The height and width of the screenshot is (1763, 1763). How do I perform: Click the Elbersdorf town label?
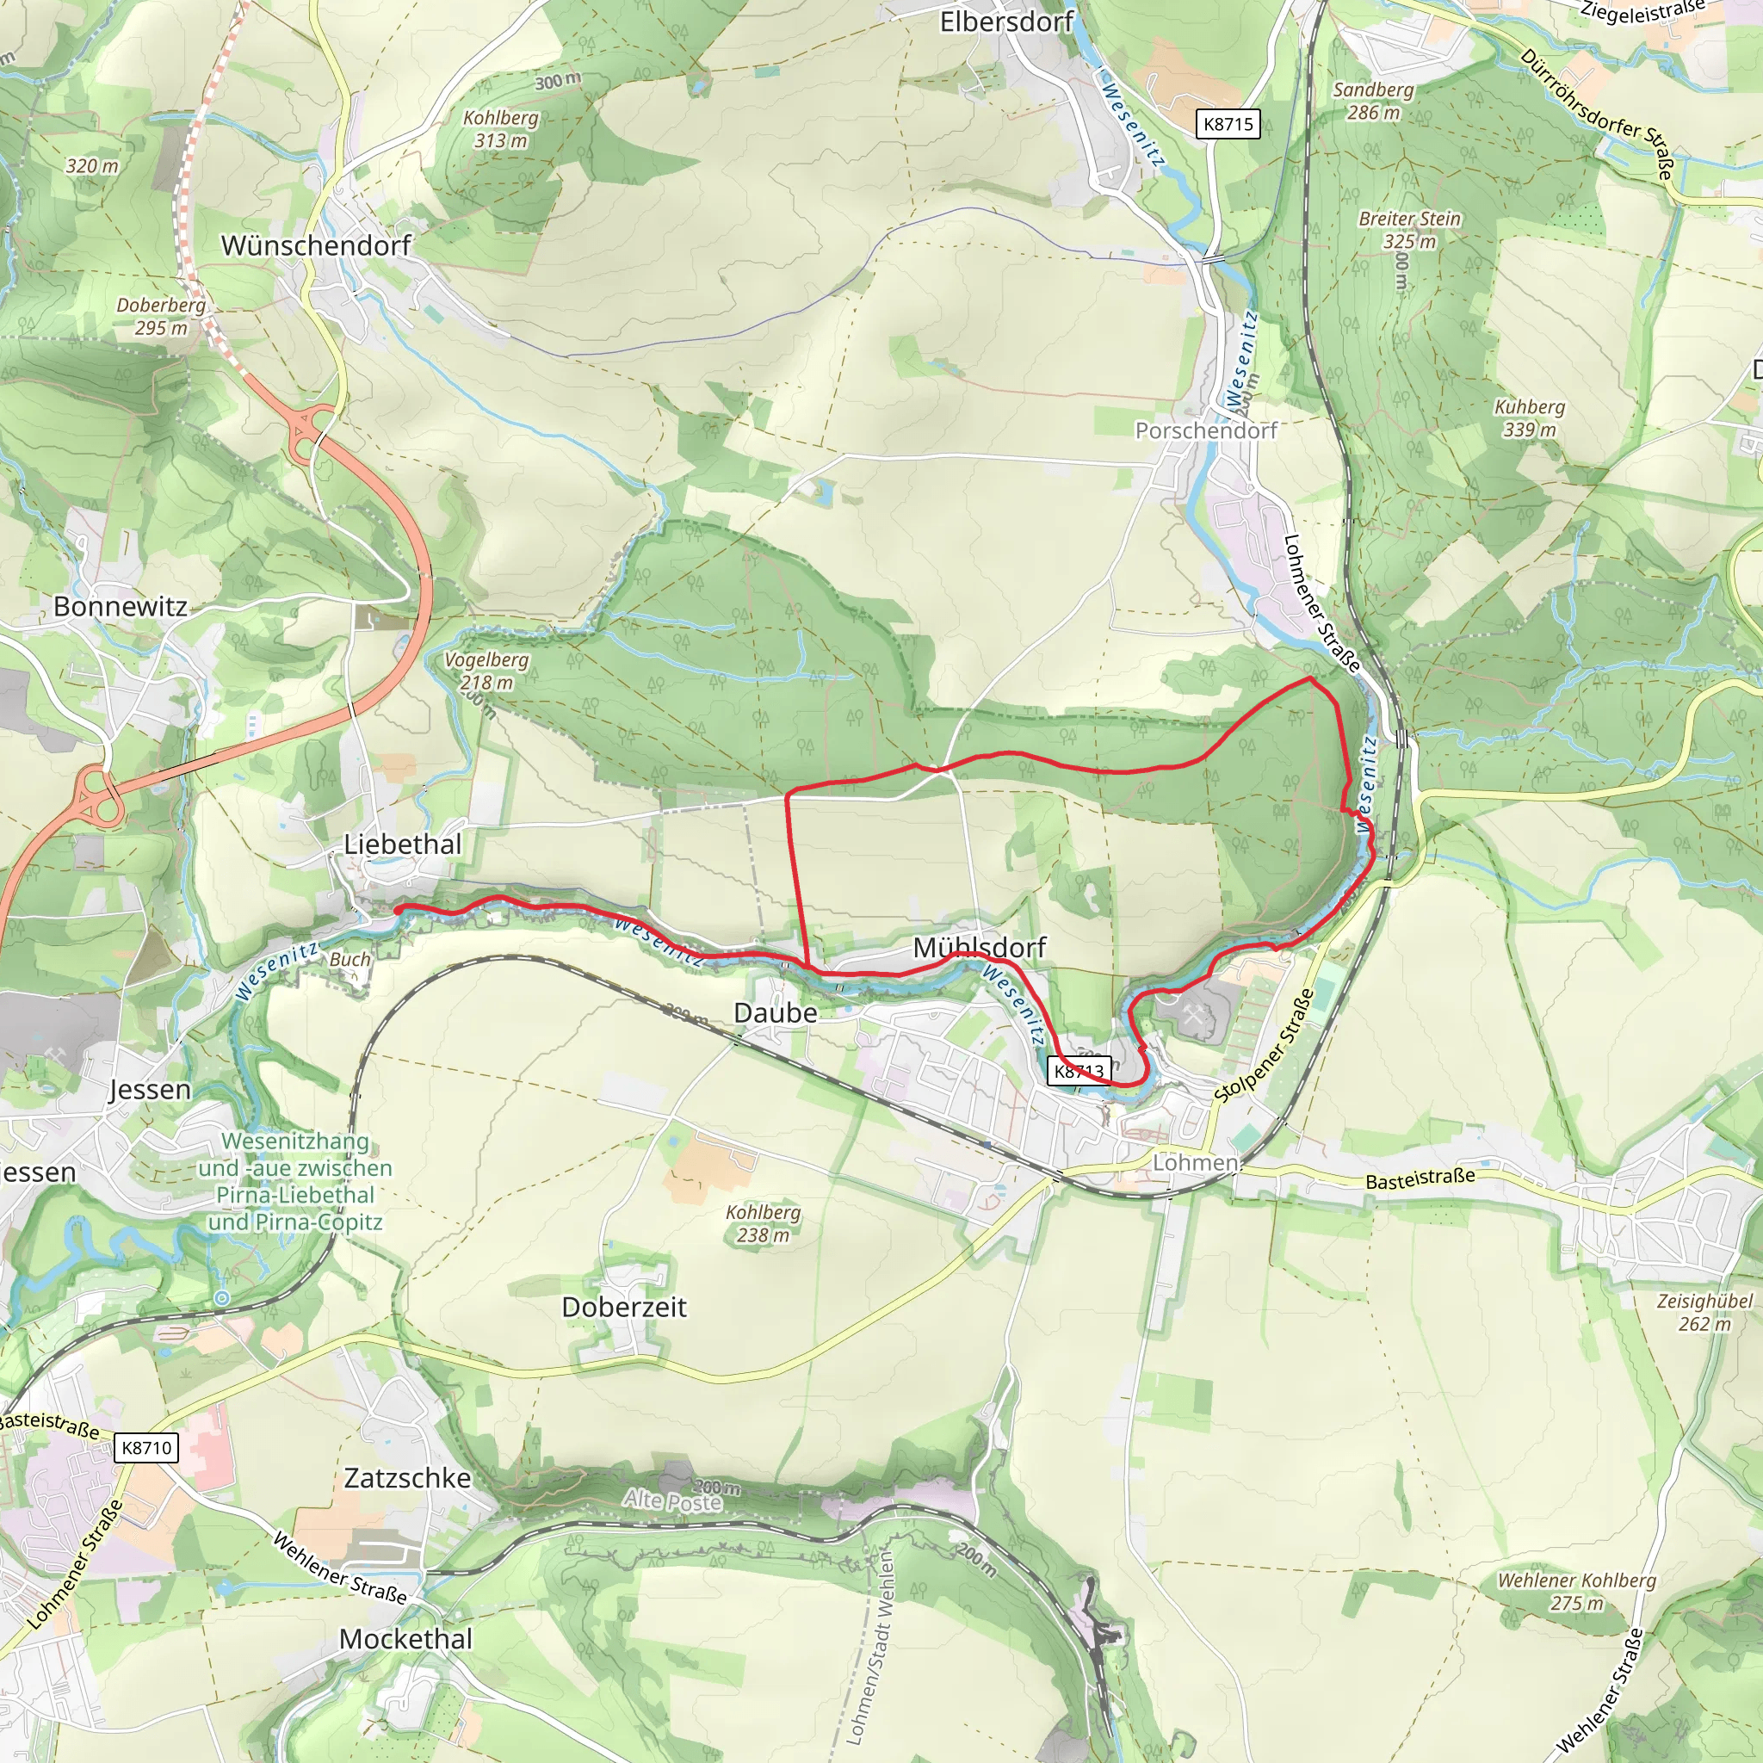[x=1005, y=22]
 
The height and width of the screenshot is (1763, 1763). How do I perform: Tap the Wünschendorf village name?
[x=316, y=244]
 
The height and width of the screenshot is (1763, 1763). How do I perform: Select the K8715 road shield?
[x=1228, y=124]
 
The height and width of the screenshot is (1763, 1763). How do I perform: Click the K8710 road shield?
[x=146, y=1447]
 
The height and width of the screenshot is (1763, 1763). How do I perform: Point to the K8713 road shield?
[x=1079, y=1070]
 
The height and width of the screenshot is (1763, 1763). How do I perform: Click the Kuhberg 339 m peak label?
[x=1530, y=418]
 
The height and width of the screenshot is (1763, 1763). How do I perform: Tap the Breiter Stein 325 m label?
[x=1409, y=230]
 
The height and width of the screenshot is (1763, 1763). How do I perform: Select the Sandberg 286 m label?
[x=1372, y=101]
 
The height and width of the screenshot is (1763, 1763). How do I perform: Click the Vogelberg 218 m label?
[x=486, y=671]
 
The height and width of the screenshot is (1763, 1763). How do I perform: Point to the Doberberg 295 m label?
[x=161, y=316]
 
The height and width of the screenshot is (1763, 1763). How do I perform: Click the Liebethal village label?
[x=402, y=844]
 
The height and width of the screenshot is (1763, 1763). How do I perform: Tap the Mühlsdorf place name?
[x=979, y=947]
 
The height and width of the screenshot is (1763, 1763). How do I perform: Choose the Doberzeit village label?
[x=623, y=1307]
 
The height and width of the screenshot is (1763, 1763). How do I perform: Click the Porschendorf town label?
[x=1205, y=430]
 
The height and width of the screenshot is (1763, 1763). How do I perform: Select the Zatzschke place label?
[x=407, y=1477]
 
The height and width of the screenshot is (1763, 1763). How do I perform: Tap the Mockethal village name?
[x=405, y=1639]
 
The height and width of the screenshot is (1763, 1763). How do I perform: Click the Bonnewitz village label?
[x=121, y=606]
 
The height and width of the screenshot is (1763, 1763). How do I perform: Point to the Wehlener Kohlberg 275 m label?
[x=1576, y=1592]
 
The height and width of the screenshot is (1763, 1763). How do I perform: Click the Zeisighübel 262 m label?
[x=1704, y=1312]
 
